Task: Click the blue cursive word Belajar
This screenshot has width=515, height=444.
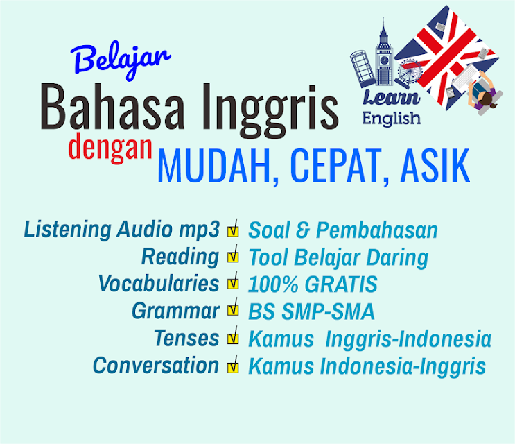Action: point(120,60)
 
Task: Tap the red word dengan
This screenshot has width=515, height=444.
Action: point(110,148)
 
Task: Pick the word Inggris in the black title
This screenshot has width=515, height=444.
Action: point(270,108)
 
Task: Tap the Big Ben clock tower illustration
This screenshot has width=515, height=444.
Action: point(384,54)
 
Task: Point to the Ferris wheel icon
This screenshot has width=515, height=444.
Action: point(408,74)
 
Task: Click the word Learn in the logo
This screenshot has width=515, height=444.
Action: point(391,98)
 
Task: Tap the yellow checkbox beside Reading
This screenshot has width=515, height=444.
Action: point(233,257)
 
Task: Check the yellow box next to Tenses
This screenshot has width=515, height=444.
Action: point(233,338)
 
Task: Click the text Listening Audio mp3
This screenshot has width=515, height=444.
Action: point(121,230)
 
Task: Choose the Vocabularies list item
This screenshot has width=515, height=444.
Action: point(159,283)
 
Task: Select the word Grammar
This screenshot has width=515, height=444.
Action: point(175,311)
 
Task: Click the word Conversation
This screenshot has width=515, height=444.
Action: point(156,365)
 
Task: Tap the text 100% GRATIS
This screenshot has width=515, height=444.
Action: point(313,284)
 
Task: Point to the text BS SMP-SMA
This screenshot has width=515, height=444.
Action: point(311,311)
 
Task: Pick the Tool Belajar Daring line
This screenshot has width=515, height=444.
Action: point(338,257)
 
